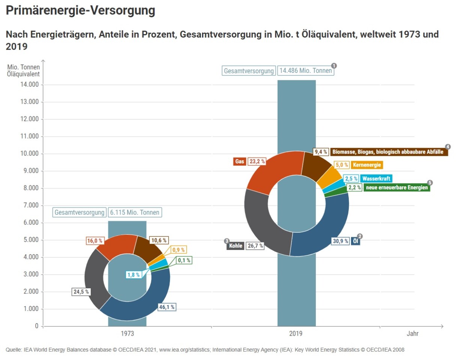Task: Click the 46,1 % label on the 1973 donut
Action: point(167,307)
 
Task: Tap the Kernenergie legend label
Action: point(367,165)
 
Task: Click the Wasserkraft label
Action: point(376,179)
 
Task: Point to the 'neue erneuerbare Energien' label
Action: point(397,187)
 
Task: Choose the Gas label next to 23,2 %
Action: point(239,162)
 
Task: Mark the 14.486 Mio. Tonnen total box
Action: point(305,71)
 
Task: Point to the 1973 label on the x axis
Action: point(127,333)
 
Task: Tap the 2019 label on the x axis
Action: point(296,333)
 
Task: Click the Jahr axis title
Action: point(412,333)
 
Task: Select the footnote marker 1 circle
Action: point(334,66)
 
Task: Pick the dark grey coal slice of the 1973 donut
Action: point(94,278)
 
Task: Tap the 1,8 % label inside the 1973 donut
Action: point(133,275)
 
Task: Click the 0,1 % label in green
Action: point(184,260)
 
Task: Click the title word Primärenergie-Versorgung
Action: point(81,11)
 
